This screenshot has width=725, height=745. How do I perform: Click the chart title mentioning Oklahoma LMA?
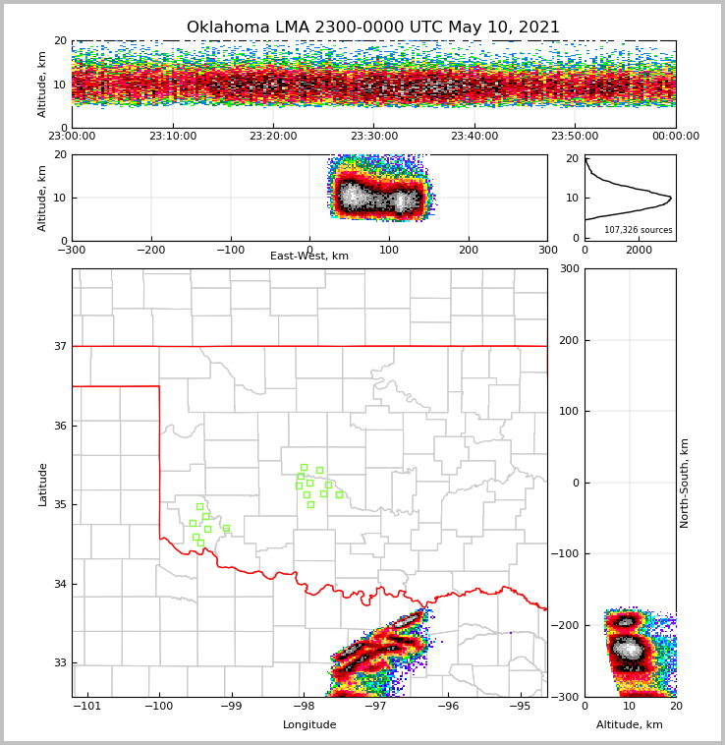[x=372, y=28]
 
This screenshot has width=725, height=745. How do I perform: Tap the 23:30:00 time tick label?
[x=373, y=137]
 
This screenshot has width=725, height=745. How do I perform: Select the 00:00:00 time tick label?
[x=675, y=137]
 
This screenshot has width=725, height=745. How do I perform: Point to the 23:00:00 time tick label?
[x=72, y=137]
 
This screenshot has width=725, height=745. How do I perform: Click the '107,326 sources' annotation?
[x=639, y=230]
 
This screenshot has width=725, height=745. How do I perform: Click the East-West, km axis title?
[x=309, y=257]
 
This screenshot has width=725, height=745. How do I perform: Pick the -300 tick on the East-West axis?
[x=72, y=250]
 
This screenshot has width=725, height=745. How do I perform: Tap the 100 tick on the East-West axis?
[x=389, y=250]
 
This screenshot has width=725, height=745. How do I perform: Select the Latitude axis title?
[x=43, y=484]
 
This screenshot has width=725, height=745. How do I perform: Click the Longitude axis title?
[x=309, y=725]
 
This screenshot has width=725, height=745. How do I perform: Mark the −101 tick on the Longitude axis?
[x=86, y=706]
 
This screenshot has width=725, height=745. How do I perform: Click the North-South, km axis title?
[x=685, y=483]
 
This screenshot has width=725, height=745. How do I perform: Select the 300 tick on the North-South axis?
[x=567, y=268]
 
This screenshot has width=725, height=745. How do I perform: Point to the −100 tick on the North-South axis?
[x=564, y=554]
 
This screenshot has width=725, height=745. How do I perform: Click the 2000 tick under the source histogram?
[x=639, y=250]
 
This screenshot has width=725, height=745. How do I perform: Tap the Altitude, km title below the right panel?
[x=630, y=725]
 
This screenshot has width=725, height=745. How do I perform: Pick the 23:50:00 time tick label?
[x=575, y=137]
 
